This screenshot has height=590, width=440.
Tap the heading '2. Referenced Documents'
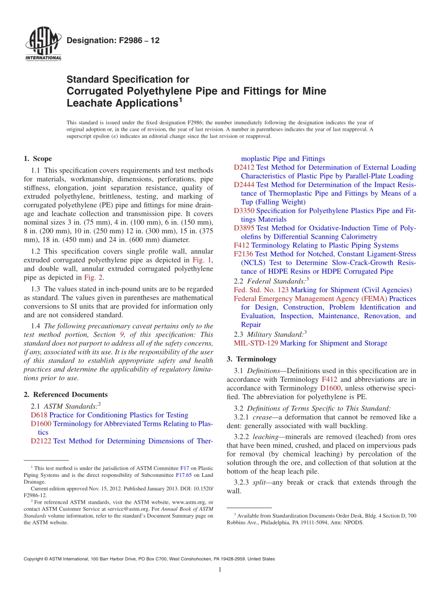pyautogui.click(x=65, y=395)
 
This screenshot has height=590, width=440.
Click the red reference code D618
pyautogui.click(x=39, y=415)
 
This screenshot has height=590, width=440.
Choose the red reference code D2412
pyautogui.click(x=244, y=167)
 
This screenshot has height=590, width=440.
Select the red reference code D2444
pyautogui.click(x=244, y=185)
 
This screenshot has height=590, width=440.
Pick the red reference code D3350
pyautogui.click(x=244, y=211)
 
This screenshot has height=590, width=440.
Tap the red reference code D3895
pyautogui.click(x=244, y=228)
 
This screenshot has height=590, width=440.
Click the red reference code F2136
pyautogui.click(x=244, y=254)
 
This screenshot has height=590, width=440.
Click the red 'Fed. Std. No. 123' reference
pyautogui.click(x=261, y=290)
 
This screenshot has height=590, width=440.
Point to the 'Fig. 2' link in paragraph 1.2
pyautogui.click(x=93, y=278)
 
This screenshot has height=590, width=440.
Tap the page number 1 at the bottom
pyautogui.click(x=220, y=570)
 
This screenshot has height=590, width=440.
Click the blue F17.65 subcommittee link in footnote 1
pyautogui.click(x=183, y=475)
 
